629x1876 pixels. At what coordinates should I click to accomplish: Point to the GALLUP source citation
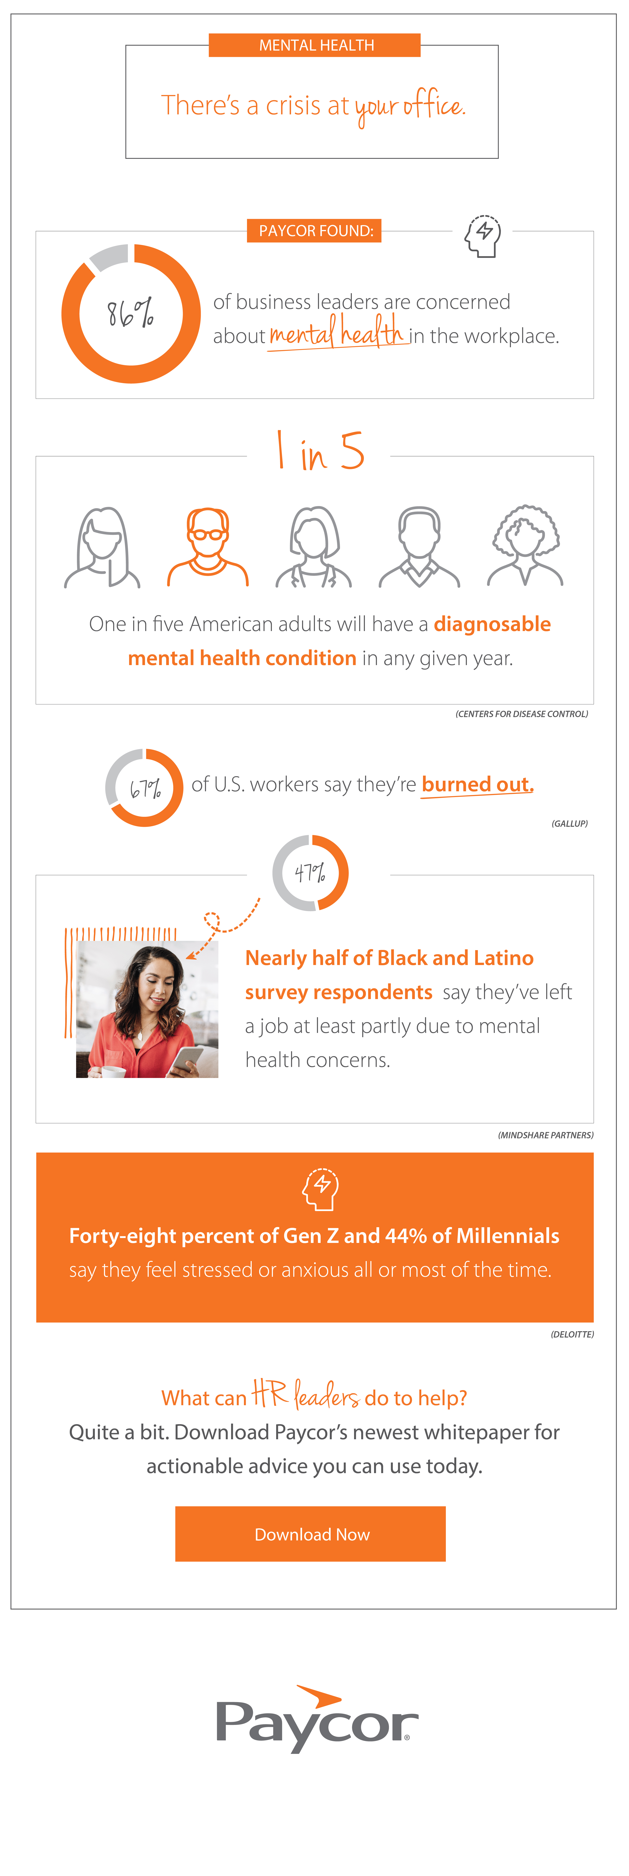[569, 824]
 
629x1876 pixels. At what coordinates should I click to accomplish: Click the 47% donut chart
[310, 872]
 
